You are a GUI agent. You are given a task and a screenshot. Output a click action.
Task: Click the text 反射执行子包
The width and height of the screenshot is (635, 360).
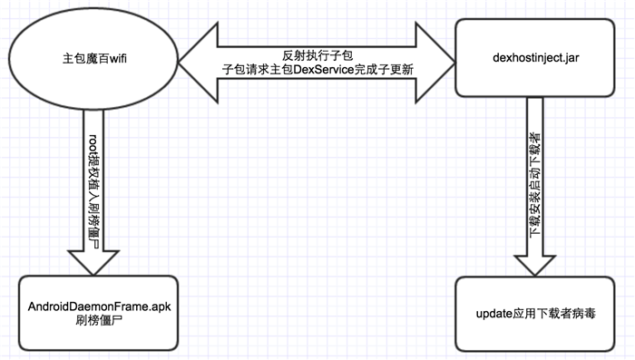(317, 54)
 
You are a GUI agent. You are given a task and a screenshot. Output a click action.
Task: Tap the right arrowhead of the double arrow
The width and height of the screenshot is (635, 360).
(436, 61)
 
